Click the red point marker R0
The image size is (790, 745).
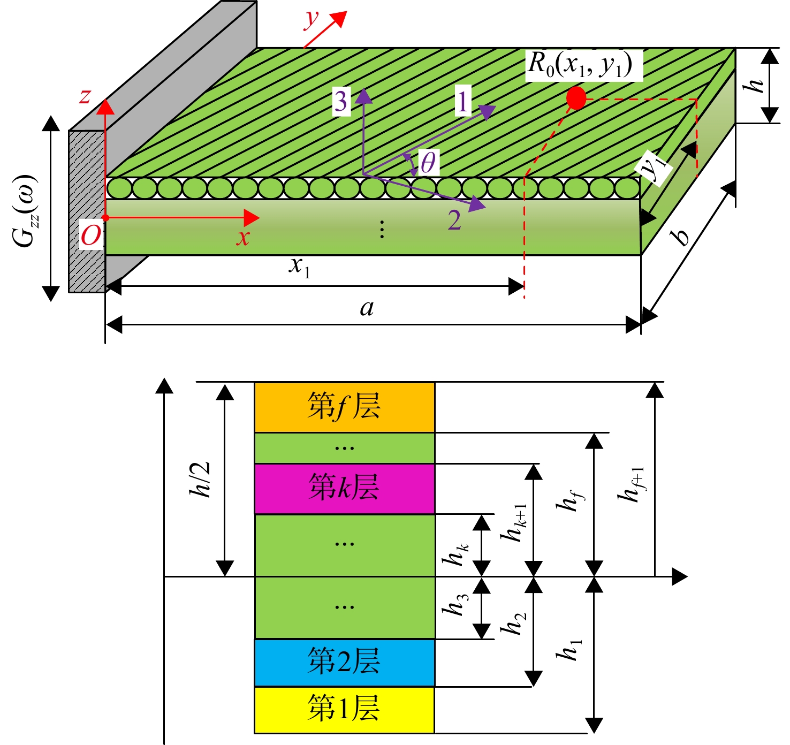[576, 98]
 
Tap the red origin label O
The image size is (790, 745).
[91, 235]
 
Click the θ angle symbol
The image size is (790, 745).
[428, 162]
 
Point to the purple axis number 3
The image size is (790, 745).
[341, 101]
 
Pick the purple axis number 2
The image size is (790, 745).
[454, 220]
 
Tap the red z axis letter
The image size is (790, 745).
[85, 96]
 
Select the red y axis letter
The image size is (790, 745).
[312, 19]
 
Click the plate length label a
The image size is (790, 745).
[367, 308]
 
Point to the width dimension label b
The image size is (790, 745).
[681, 237]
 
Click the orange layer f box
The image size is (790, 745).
[345, 407]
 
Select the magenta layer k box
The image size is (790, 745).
[345, 489]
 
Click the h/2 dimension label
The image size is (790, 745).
[200, 480]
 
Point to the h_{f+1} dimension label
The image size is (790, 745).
[631, 485]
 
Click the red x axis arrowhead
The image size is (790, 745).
[252, 218]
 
